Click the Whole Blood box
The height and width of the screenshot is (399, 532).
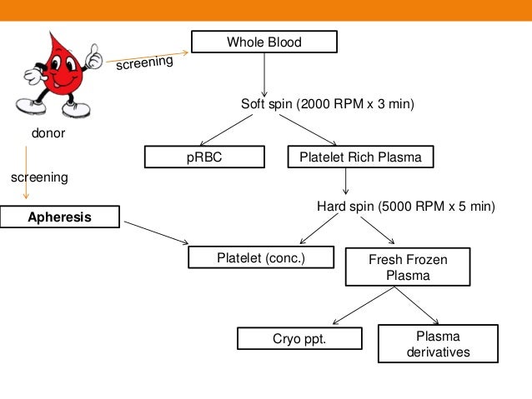[x=264, y=42]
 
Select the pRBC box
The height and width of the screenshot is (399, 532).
[x=204, y=156]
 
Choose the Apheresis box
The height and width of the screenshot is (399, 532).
[x=59, y=218]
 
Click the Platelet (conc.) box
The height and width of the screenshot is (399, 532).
[x=261, y=258]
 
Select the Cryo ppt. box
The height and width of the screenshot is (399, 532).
[x=299, y=338]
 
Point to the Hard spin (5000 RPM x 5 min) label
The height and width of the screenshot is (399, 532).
[x=405, y=206]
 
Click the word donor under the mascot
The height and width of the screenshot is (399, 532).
[x=48, y=132]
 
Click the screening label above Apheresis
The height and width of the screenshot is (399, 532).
[x=38, y=177]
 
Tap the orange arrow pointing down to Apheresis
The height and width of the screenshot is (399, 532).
[x=26, y=171]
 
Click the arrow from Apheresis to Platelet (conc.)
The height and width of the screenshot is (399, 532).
[x=155, y=233]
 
